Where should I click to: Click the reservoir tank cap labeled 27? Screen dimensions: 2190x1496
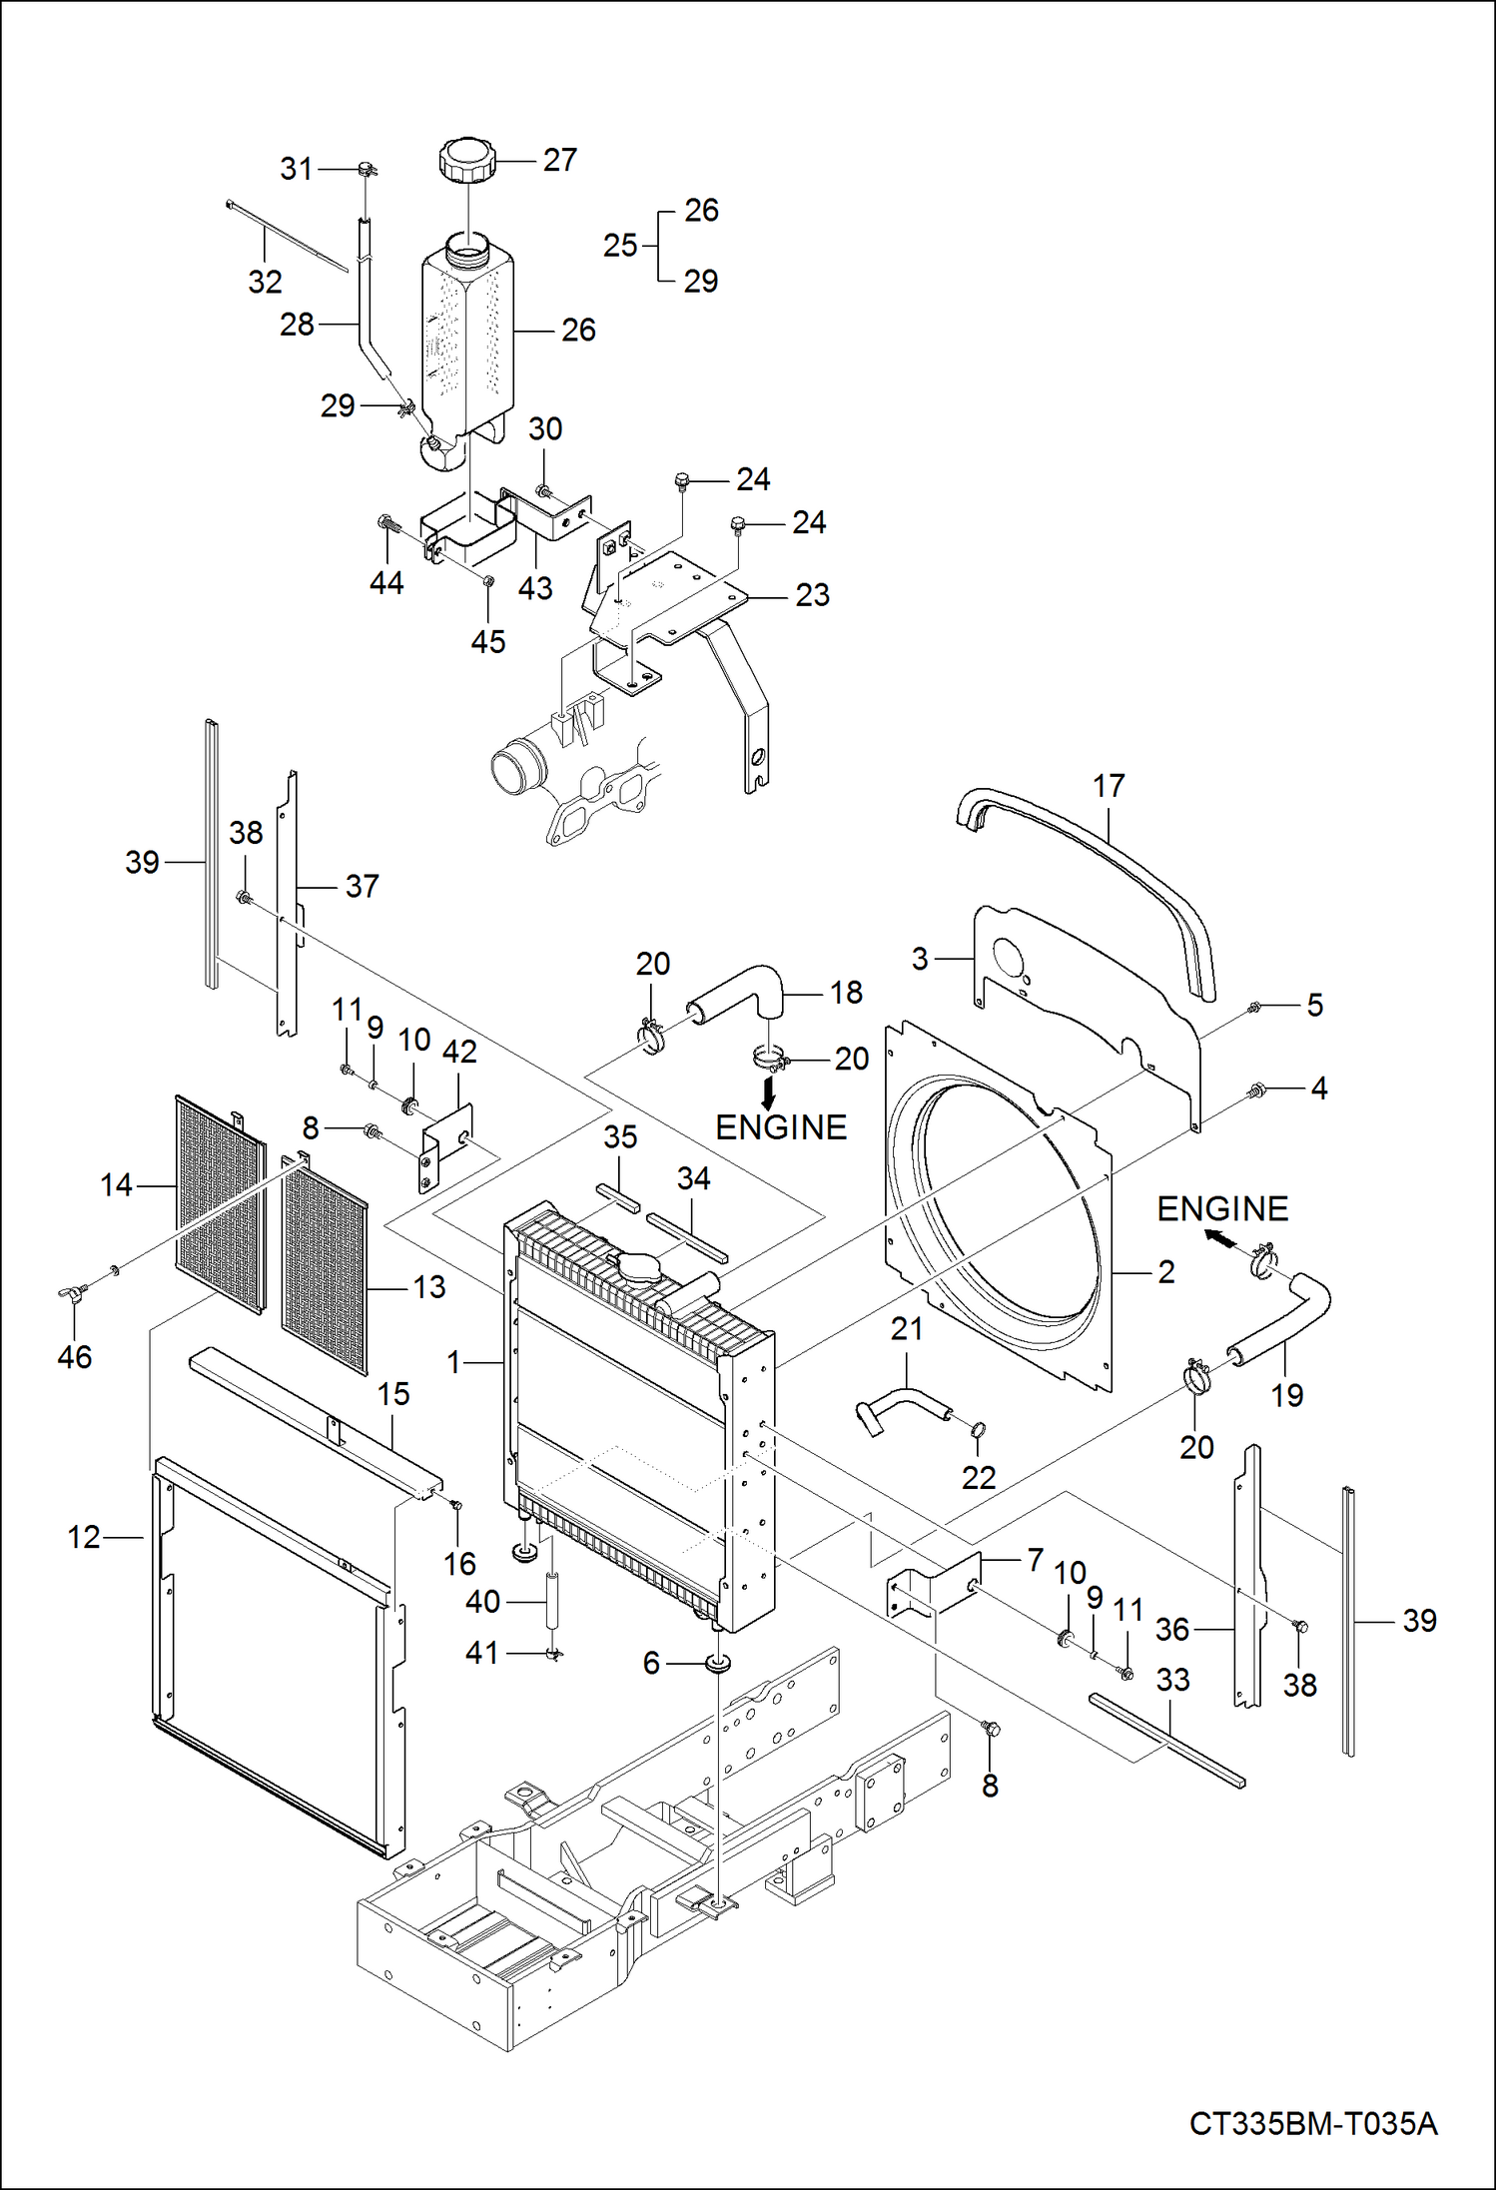pos(466,161)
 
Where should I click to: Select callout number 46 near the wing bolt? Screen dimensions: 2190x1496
pos(74,1357)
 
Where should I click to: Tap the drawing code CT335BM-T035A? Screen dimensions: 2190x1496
pos(1312,2124)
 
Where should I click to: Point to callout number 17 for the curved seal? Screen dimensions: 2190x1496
pos(1109,786)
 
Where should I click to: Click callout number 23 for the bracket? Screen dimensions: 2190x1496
pos(812,595)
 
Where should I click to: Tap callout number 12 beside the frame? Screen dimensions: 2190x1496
pos(84,1537)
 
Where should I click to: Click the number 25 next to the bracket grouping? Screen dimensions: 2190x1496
pos(619,246)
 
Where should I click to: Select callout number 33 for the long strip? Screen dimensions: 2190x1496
pos(1172,1680)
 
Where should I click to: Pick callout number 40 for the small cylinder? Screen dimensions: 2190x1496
pos(482,1602)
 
